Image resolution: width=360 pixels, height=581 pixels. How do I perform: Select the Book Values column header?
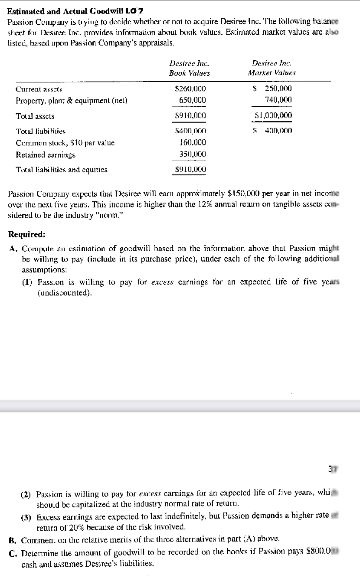coord(189,73)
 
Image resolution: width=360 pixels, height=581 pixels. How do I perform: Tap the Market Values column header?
coord(272,73)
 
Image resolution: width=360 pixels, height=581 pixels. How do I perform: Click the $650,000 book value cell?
coord(193,100)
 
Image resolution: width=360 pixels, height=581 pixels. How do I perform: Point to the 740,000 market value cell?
coord(278,100)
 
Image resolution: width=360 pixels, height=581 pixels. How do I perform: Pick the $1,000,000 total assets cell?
coord(273,115)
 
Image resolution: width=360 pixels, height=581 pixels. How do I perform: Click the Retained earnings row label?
coord(46,154)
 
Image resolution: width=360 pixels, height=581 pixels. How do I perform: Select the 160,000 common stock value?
coord(193,142)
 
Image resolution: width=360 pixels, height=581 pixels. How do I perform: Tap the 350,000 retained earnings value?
coord(193,154)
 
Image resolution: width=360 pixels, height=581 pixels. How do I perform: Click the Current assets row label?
coord(39,89)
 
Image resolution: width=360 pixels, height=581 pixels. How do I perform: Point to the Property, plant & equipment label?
coord(71,101)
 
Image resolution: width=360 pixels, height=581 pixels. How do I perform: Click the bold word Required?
coord(27,235)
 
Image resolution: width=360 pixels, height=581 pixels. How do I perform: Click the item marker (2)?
coord(27,495)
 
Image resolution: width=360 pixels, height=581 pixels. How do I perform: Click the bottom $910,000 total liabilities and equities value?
coord(190,170)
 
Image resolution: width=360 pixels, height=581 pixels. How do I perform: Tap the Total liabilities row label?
coord(40,131)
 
